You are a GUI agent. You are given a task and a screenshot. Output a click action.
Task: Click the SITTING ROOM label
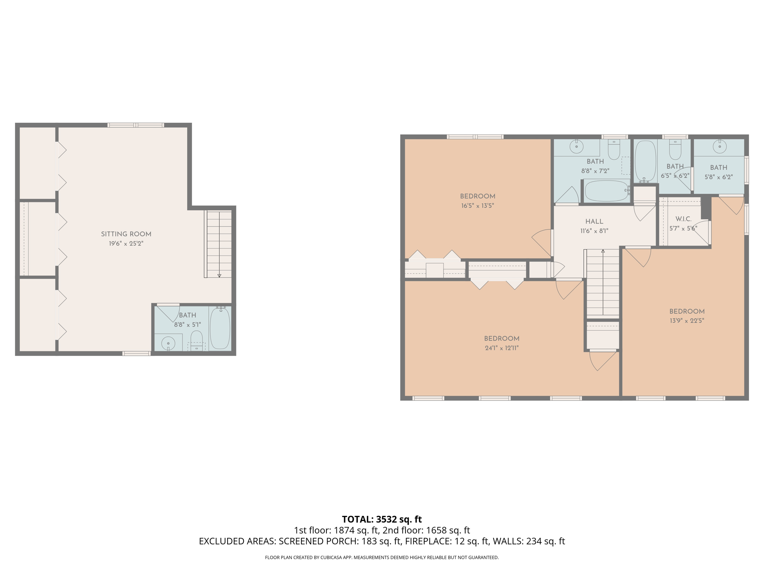point(126,234)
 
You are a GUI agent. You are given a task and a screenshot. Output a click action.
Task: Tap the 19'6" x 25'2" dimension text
point(126,244)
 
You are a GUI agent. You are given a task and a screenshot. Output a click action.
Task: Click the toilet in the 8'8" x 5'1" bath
point(197,339)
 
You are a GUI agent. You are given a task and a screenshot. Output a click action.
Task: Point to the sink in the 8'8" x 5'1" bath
point(168,343)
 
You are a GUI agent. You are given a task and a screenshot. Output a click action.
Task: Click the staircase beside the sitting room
point(219,244)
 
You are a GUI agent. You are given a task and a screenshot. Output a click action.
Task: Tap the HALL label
point(594,222)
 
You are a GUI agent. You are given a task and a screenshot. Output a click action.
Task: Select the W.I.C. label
point(683,219)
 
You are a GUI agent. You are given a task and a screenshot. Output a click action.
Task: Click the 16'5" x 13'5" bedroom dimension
point(477,206)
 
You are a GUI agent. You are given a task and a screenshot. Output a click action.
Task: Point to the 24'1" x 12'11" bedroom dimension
point(501,348)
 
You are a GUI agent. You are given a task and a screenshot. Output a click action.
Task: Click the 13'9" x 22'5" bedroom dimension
point(686,320)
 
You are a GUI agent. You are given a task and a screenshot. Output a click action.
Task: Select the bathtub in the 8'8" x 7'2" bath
point(606,191)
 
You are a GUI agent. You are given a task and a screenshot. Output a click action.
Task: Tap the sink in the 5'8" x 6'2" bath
point(720,146)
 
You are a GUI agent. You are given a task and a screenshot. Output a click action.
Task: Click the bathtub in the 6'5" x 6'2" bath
point(645,161)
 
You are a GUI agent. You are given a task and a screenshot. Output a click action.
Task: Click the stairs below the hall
point(603,284)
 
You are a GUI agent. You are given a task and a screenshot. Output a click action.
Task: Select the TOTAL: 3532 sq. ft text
point(382,519)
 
